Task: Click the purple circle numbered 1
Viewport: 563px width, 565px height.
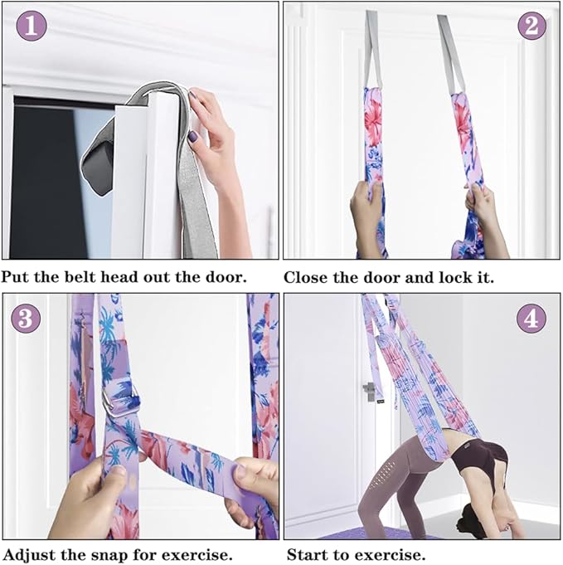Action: point(32,27)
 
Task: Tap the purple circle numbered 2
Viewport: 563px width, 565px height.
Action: point(531,26)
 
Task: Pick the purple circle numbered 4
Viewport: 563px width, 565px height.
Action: point(531,318)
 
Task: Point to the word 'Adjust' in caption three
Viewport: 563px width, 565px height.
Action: point(30,553)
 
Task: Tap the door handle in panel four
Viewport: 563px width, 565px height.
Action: point(368,391)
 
